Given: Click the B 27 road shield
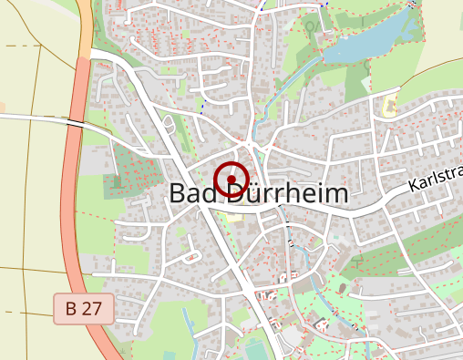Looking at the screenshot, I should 83,308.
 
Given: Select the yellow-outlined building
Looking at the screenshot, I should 390,107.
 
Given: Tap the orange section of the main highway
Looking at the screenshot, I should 86,27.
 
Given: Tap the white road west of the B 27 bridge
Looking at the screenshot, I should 32,117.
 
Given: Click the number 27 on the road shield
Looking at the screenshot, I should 91,308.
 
